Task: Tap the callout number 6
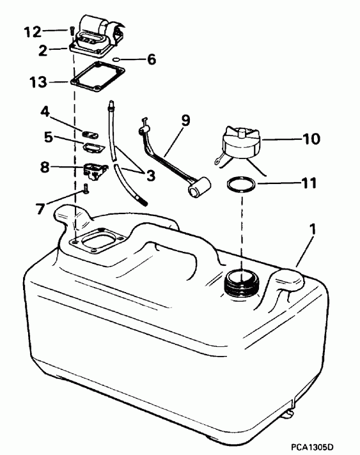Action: pos(151,59)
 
